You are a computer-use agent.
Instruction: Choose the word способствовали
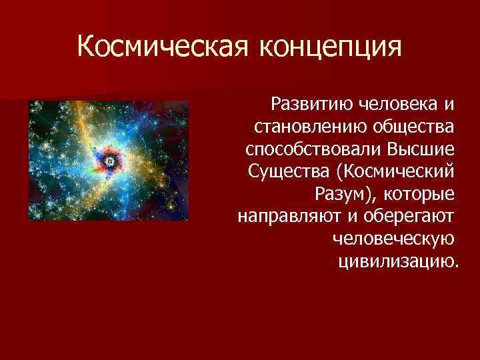coord(312,149)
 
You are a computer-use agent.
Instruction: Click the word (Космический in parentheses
coord(398,171)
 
